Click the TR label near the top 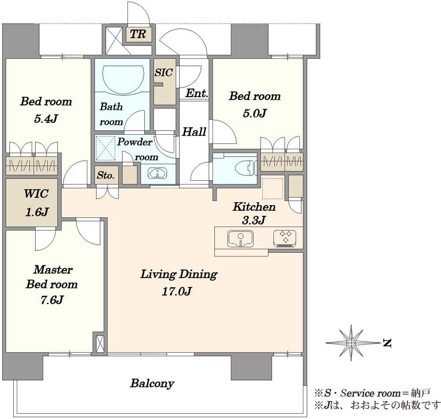tap(138, 34)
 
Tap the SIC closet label tap(164, 72)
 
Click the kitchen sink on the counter tap(240, 239)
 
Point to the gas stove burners tap(285, 238)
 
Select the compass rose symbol tap(351, 343)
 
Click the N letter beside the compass tap(388, 343)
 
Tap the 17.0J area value tap(177, 291)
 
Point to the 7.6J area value tap(52, 300)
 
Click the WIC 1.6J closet tap(31, 203)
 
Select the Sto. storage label tap(106, 175)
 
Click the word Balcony tap(152, 384)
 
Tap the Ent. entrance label tap(197, 93)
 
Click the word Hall tap(194, 132)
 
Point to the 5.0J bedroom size tap(254, 113)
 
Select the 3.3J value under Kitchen tap(254, 220)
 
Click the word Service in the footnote tap(357, 393)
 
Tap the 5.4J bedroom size tap(46, 119)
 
